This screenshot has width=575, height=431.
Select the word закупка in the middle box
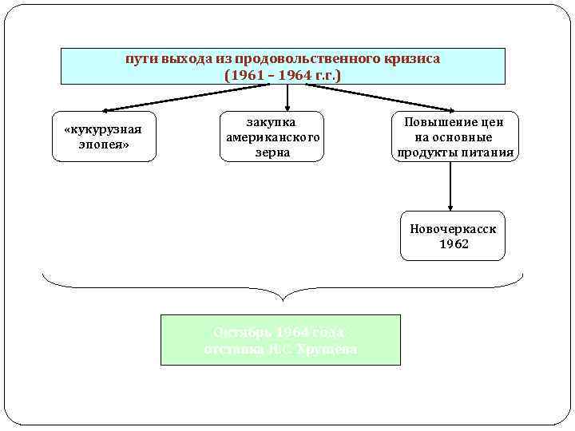272,122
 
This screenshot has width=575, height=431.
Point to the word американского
272,137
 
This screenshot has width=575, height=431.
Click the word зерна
272,152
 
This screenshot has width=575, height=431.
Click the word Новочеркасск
453,228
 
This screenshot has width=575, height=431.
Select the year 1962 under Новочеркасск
453,243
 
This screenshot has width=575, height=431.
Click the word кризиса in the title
412,59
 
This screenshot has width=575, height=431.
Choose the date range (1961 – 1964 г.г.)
283,75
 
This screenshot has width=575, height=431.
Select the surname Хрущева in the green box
328,349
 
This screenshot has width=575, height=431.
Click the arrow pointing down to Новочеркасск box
452,186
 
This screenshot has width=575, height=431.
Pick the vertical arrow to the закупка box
287,97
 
